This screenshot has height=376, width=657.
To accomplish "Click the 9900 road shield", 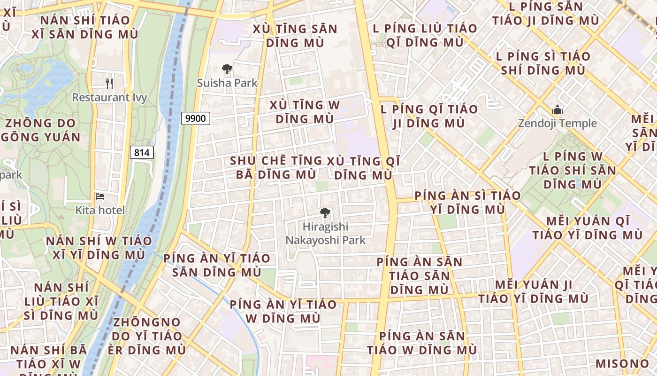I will pyautogui.click(x=195, y=118).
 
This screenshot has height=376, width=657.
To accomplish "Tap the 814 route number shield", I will pyautogui.click(x=141, y=152).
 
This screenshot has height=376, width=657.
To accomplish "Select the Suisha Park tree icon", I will pyautogui.click(x=227, y=70).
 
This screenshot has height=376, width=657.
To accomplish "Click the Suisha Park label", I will pyautogui.click(x=227, y=83).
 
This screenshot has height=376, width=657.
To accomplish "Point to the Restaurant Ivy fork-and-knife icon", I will pyautogui.click(x=109, y=84).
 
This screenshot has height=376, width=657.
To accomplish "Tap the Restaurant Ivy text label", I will pyautogui.click(x=109, y=98).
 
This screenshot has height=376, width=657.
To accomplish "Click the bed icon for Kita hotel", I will pyautogui.click(x=100, y=196).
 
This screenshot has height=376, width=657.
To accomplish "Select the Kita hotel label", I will pyautogui.click(x=100, y=210).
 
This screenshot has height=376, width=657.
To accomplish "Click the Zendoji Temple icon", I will pyautogui.click(x=558, y=110).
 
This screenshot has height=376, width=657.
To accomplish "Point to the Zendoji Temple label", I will pyautogui.click(x=558, y=124).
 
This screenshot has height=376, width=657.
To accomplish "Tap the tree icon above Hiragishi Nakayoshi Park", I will pyautogui.click(x=325, y=213).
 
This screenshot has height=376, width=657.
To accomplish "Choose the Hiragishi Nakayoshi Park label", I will pyautogui.click(x=326, y=234).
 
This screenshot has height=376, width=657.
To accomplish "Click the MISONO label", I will pyautogui.click(x=622, y=364).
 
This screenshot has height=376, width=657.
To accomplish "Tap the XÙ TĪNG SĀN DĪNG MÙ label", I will pyautogui.click(x=295, y=36).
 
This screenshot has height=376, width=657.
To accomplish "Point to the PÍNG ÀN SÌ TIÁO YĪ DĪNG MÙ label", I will pyautogui.click(x=467, y=202).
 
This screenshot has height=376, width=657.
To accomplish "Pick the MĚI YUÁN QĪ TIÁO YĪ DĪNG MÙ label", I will pyautogui.click(x=587, y=228).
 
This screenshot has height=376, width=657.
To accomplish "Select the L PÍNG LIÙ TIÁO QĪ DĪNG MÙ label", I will pyautogui.click(x=425, y=35).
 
